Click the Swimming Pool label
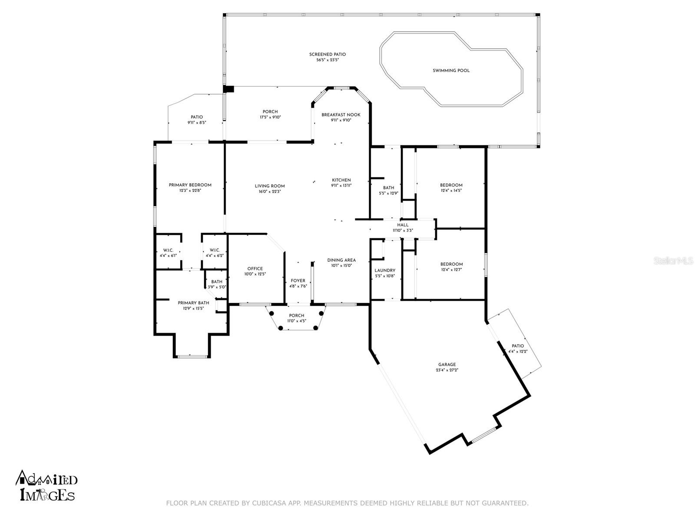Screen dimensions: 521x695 [451, 71]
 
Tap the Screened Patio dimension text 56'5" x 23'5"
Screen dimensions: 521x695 [328, 60]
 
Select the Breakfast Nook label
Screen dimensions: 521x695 [341, 115]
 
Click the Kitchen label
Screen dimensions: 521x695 [341, 180]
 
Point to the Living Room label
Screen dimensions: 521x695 [270, 186]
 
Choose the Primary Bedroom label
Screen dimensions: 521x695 [190, 185]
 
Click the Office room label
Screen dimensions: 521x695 [255, 269]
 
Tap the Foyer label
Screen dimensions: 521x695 [298, 281]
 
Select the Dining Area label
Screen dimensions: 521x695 [341, 260]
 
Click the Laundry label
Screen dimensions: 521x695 [385, 270]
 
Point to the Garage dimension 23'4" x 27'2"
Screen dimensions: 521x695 [447, 370]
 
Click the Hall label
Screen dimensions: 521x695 [403, 225]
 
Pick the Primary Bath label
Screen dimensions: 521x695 [193, 303]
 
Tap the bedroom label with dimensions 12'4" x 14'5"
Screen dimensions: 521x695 [451, 185]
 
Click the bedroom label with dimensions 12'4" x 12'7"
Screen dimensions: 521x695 [451, 264]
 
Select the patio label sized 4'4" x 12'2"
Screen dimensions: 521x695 [518, 346]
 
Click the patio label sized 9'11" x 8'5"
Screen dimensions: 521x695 [197, 117]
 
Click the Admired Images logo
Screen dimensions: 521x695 [46, 485]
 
